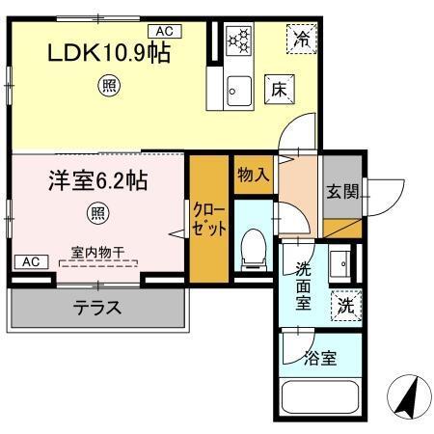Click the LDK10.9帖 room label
click(109, 54)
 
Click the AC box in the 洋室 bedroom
click(30, 260)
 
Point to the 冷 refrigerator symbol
click(302, 41)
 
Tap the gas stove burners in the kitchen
click(237, 41)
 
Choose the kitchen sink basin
click(237, 93)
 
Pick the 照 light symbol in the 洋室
click(97, 211)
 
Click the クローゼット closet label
click(207, 221)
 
